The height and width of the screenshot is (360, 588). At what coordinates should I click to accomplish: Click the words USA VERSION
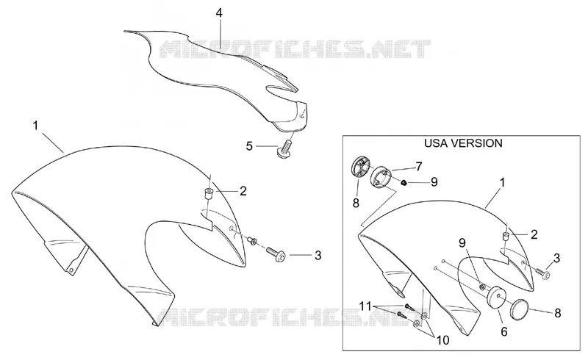(463, 143)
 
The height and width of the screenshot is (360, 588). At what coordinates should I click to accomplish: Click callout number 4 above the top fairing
(219, 13)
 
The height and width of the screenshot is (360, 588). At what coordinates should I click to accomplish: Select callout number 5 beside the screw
(249, 146)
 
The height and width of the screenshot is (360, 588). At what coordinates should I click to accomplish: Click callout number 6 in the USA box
(504, 331)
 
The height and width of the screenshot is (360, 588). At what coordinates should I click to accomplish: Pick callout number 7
(418, 166)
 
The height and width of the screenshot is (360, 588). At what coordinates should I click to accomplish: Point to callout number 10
(443, 340)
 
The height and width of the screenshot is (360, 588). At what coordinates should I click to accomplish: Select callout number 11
(366, 306)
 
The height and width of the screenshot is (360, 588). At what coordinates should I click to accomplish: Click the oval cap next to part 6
(520, 307)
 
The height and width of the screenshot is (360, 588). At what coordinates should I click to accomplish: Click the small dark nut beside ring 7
(404, 183)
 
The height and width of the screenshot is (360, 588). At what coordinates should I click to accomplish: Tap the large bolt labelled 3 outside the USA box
(276, 253)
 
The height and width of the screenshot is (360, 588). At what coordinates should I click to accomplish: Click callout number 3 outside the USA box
(318, 256)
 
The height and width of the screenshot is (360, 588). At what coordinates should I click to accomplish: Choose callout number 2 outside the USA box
(243, 191)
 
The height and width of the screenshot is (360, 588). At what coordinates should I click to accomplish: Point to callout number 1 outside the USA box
(35, 125)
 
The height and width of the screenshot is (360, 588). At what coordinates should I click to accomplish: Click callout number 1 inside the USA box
(503, 183)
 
